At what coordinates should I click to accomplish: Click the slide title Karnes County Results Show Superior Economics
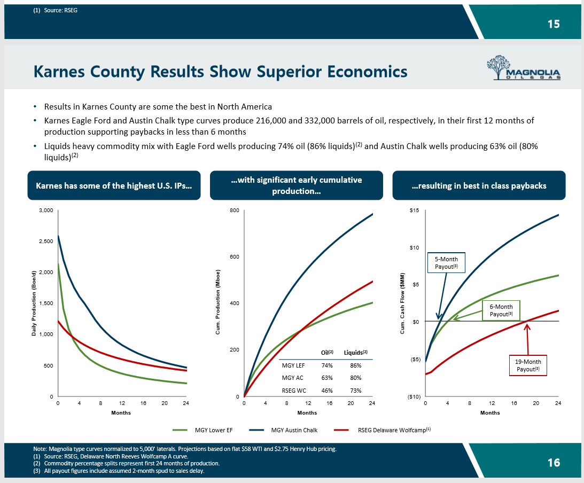[x=220, y=71]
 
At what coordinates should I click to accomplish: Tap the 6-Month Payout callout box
[x=501, y=310]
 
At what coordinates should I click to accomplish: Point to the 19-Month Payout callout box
[x=528, y=365]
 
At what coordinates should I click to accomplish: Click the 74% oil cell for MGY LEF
[x=327, y=365]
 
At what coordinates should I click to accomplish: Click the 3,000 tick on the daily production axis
[x=46, y=211]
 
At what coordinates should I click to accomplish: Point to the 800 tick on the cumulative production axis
[x=235, y=211]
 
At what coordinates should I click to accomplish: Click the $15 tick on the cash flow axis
[x=414, y=211]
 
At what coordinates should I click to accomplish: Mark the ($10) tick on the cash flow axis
[x=412, y=396]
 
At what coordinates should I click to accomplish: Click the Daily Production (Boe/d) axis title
[x=33, y=303]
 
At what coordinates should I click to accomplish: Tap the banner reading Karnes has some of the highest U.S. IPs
[x=114, y=185]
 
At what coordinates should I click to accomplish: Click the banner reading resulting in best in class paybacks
[x=479, y=185]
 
